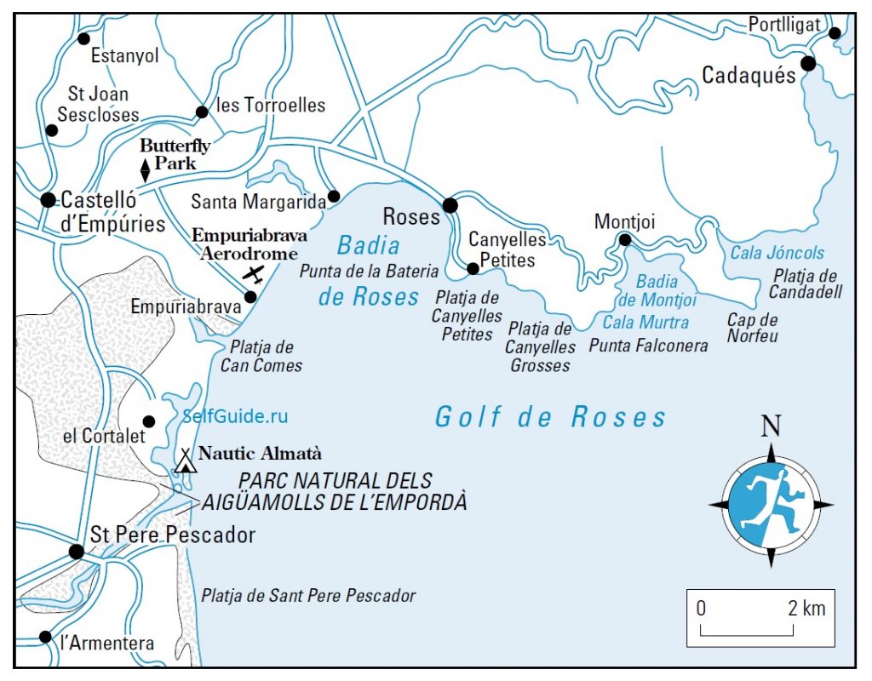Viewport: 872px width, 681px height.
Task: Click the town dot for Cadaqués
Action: pyautogui.click(x=808, y=63)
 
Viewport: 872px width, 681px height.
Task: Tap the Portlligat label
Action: pyautogui.click(x=783, y=25)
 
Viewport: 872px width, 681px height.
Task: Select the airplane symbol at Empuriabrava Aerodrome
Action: pyautogui.click(x=253, y=273)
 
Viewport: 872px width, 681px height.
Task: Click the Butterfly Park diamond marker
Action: pyautogui.click(x=145, y=170)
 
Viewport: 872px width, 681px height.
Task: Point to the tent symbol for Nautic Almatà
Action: pyautogui.click(x=186, y=461)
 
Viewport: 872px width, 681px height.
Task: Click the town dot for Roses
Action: pyautogui.click(x=450, y=204)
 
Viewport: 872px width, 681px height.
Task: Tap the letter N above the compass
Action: pyautogui.click(x=771, y=426)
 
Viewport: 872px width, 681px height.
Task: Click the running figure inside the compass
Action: pyautogui.click(x=770, y=504)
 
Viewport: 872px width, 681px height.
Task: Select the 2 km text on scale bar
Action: pyautogui.click(x=806, y=609)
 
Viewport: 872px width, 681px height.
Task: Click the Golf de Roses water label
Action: pyautogui.click(x=550, y=417)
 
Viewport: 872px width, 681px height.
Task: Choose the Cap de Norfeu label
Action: pyautogui.click(x=752, y=328)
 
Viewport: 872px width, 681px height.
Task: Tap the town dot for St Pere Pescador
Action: pyautogui.click(x=76, y=552)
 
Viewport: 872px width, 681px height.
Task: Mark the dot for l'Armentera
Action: pyautogui.click(x=45, y=637)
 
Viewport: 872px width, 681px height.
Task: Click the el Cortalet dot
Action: pyautogui.click(x=149, y=421)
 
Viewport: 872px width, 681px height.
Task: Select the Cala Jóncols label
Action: pyautogui.click(x=777, y=253)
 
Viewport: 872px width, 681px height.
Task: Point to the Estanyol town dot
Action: pyautogui.click(x=83, y=38)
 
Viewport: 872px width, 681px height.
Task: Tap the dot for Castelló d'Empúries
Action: pyautogui.click(x=48, y=200)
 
